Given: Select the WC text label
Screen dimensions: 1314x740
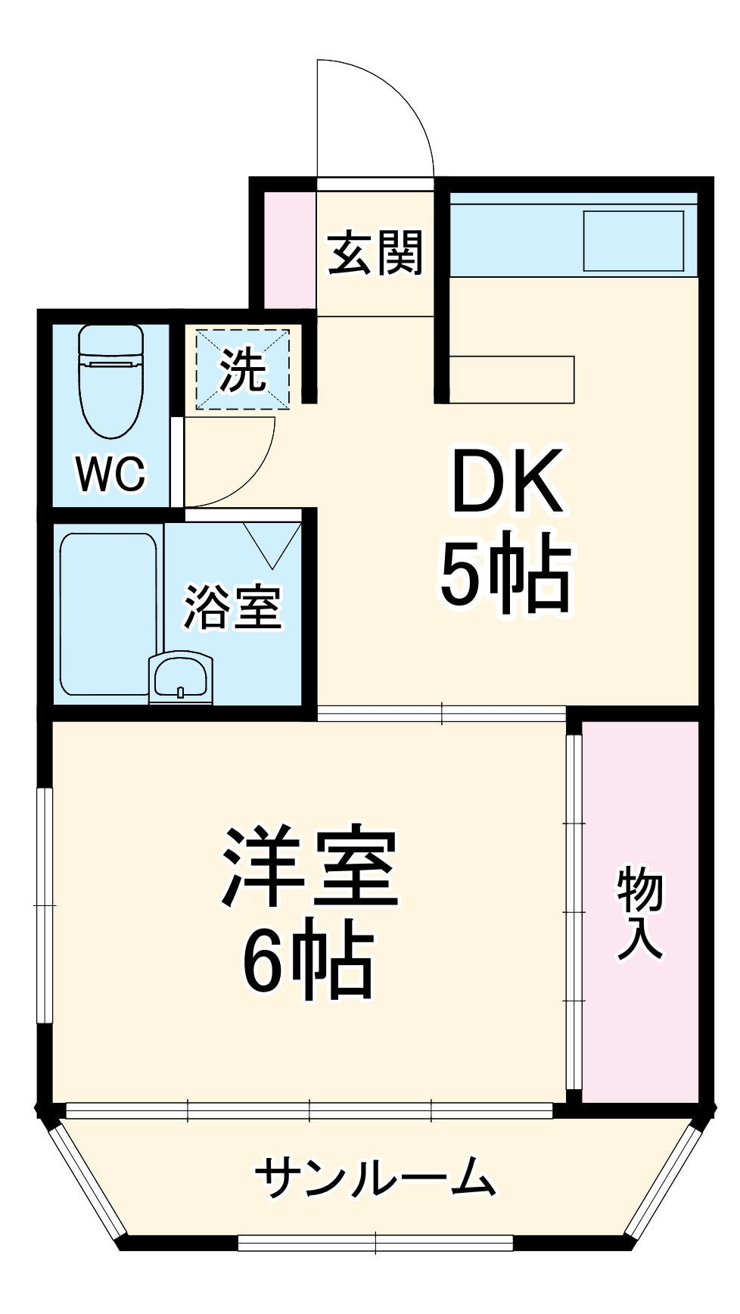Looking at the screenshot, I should (x=110, y=474).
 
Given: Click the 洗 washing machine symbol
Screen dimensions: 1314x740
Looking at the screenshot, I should (x=243, y=369).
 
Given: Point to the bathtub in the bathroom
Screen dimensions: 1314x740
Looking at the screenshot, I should (x=107, y=614).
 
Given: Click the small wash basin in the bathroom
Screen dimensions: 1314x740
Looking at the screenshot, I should (x=180, y=677).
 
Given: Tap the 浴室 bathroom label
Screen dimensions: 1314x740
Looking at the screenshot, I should (x=232, y=607).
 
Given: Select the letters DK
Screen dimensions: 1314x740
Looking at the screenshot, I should (x=506, y=482).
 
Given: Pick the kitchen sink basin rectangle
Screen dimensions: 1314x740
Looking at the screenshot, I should (x=633, y=241).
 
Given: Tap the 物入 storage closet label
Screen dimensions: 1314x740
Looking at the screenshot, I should (x=640, y=914).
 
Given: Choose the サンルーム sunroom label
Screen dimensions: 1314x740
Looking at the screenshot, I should (x=375, y=1177).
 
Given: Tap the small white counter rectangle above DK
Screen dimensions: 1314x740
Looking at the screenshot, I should (x=512, y=379).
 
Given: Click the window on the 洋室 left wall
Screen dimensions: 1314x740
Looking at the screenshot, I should (x=46, y=905).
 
